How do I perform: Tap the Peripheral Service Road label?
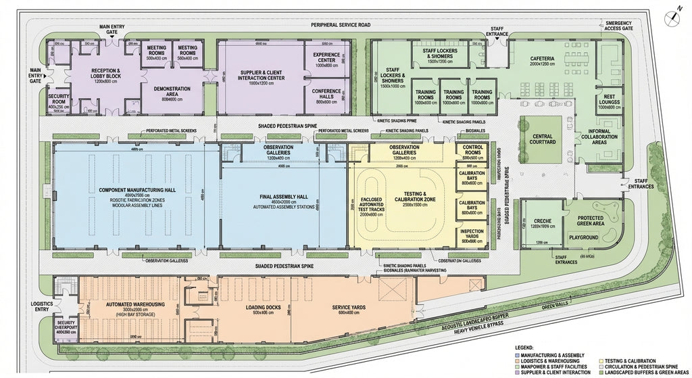click(x=341, y=25)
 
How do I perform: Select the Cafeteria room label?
click(x=542, y=59)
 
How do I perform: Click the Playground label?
click(x=583, y=237)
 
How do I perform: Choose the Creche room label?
click(x=542, y=221)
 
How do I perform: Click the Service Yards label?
click(x=348, y=308)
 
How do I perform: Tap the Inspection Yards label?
click(x=472, y=231)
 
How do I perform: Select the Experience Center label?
click(x=326, y=57)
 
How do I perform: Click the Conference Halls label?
click(x=326, y=93)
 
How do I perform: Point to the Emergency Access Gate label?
click(x=618, y=26)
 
